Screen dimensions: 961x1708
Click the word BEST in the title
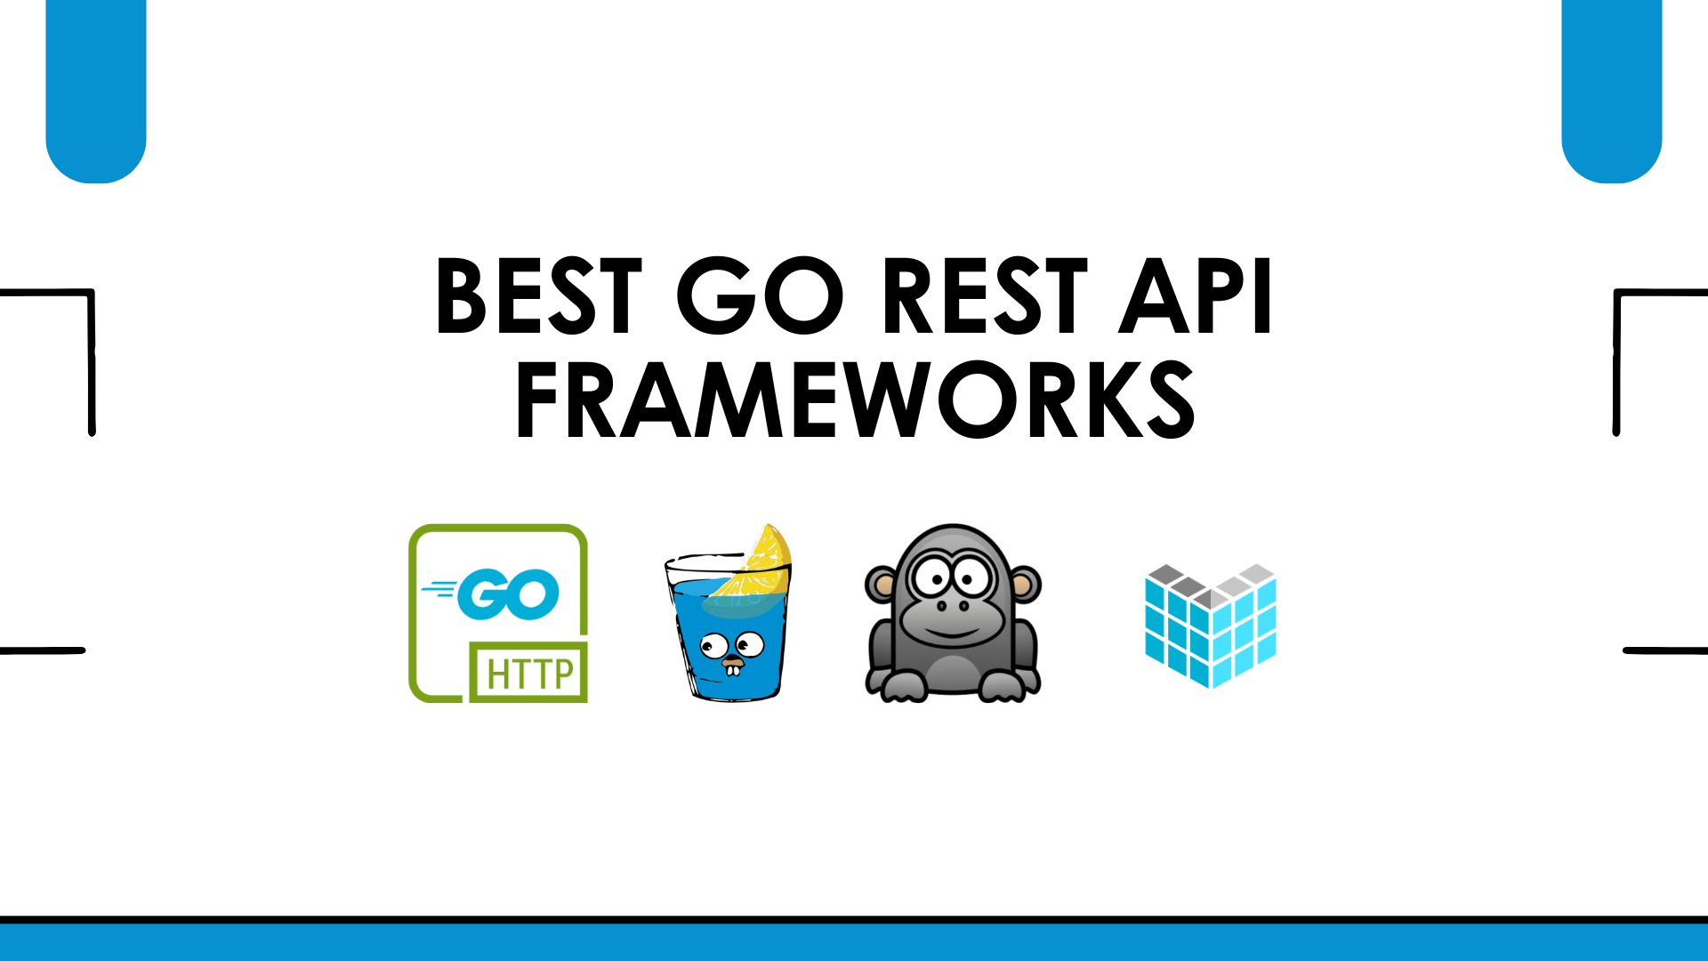pyautogui.click(x=538, y=296)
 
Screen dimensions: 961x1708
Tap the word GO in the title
pyautogui.click(x=761, y=296)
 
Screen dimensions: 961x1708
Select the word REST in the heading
pyautogui.click(x=985, y=296)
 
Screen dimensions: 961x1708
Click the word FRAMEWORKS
pyautogui.click(x=855, y=400)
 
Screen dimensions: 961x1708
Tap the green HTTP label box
pyautogui.click(x=528, y=673)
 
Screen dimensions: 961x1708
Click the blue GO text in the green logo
pyautogui.click(x=507, y=594)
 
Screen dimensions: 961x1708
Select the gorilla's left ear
pyautogui.click(x=882, y=584)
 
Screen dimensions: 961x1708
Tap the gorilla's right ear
pyautogui.click(x=1024, y=584)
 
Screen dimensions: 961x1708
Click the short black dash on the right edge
pyautogui.click(x=1664, y=650)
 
